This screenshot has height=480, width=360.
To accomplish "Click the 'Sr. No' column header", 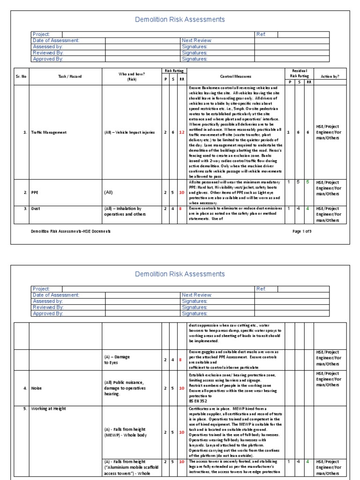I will click(21, 76).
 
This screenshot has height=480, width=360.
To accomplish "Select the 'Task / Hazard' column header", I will click(66, 76).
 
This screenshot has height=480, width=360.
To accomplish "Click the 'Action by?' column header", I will click(330, 76).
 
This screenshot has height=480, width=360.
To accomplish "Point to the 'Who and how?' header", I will click(131, 76).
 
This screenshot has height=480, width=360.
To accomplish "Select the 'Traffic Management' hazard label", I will click(49, 133).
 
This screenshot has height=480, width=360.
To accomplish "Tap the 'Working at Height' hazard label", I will click(49, 409).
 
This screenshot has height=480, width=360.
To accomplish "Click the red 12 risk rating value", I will click(181, 133).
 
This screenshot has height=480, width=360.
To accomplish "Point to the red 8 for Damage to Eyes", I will click(181, 360).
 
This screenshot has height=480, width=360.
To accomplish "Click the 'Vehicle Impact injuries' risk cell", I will click(129, 133).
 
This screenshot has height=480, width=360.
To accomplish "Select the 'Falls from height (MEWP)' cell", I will click(125, 432).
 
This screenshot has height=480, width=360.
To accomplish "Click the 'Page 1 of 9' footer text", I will click(302, 232).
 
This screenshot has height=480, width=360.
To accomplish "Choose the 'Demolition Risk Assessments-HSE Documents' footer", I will click(71, 232).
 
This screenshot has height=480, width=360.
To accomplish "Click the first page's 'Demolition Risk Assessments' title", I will click(180, 20).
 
